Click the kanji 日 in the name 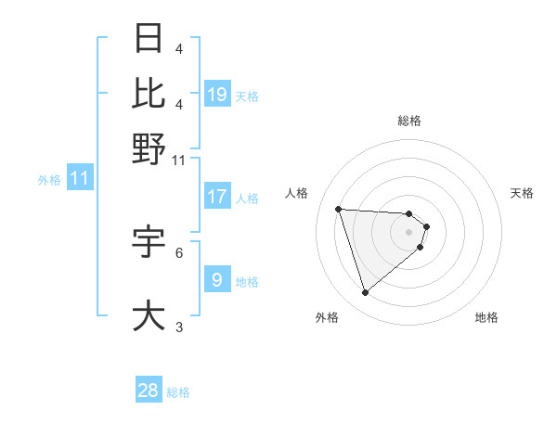click(x=149, y=38)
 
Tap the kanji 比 click(x=149, y=93)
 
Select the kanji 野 click(x=149, y=148)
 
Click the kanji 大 click(x=149, y=314)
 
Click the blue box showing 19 click(x=217, y=95)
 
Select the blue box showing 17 click(x=217, y=197)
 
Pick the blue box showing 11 click(x=80, y=179)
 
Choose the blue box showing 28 click(x=149, y=391)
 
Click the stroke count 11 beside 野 click(x=179, y=160)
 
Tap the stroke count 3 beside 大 click(x=179, y=327)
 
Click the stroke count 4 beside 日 click(x=179, y=48)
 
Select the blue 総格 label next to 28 click(x=178, y=392)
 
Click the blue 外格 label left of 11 click(x=49, y=180)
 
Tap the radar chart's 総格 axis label click(x=409, y=121)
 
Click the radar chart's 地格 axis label click(x=486, y=317)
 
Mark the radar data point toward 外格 click(x=366, y=293)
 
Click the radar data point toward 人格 click(x=339, y=209)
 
